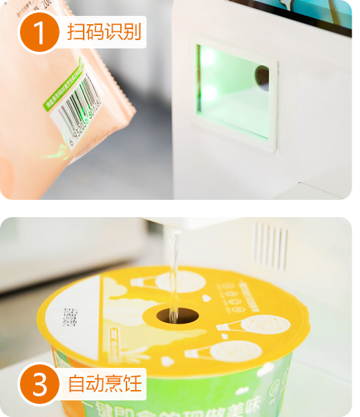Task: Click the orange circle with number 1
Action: point(39,33)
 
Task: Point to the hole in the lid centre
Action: point(178,315)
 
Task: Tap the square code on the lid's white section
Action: point(70,317)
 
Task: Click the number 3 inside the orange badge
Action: point(39,384)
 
